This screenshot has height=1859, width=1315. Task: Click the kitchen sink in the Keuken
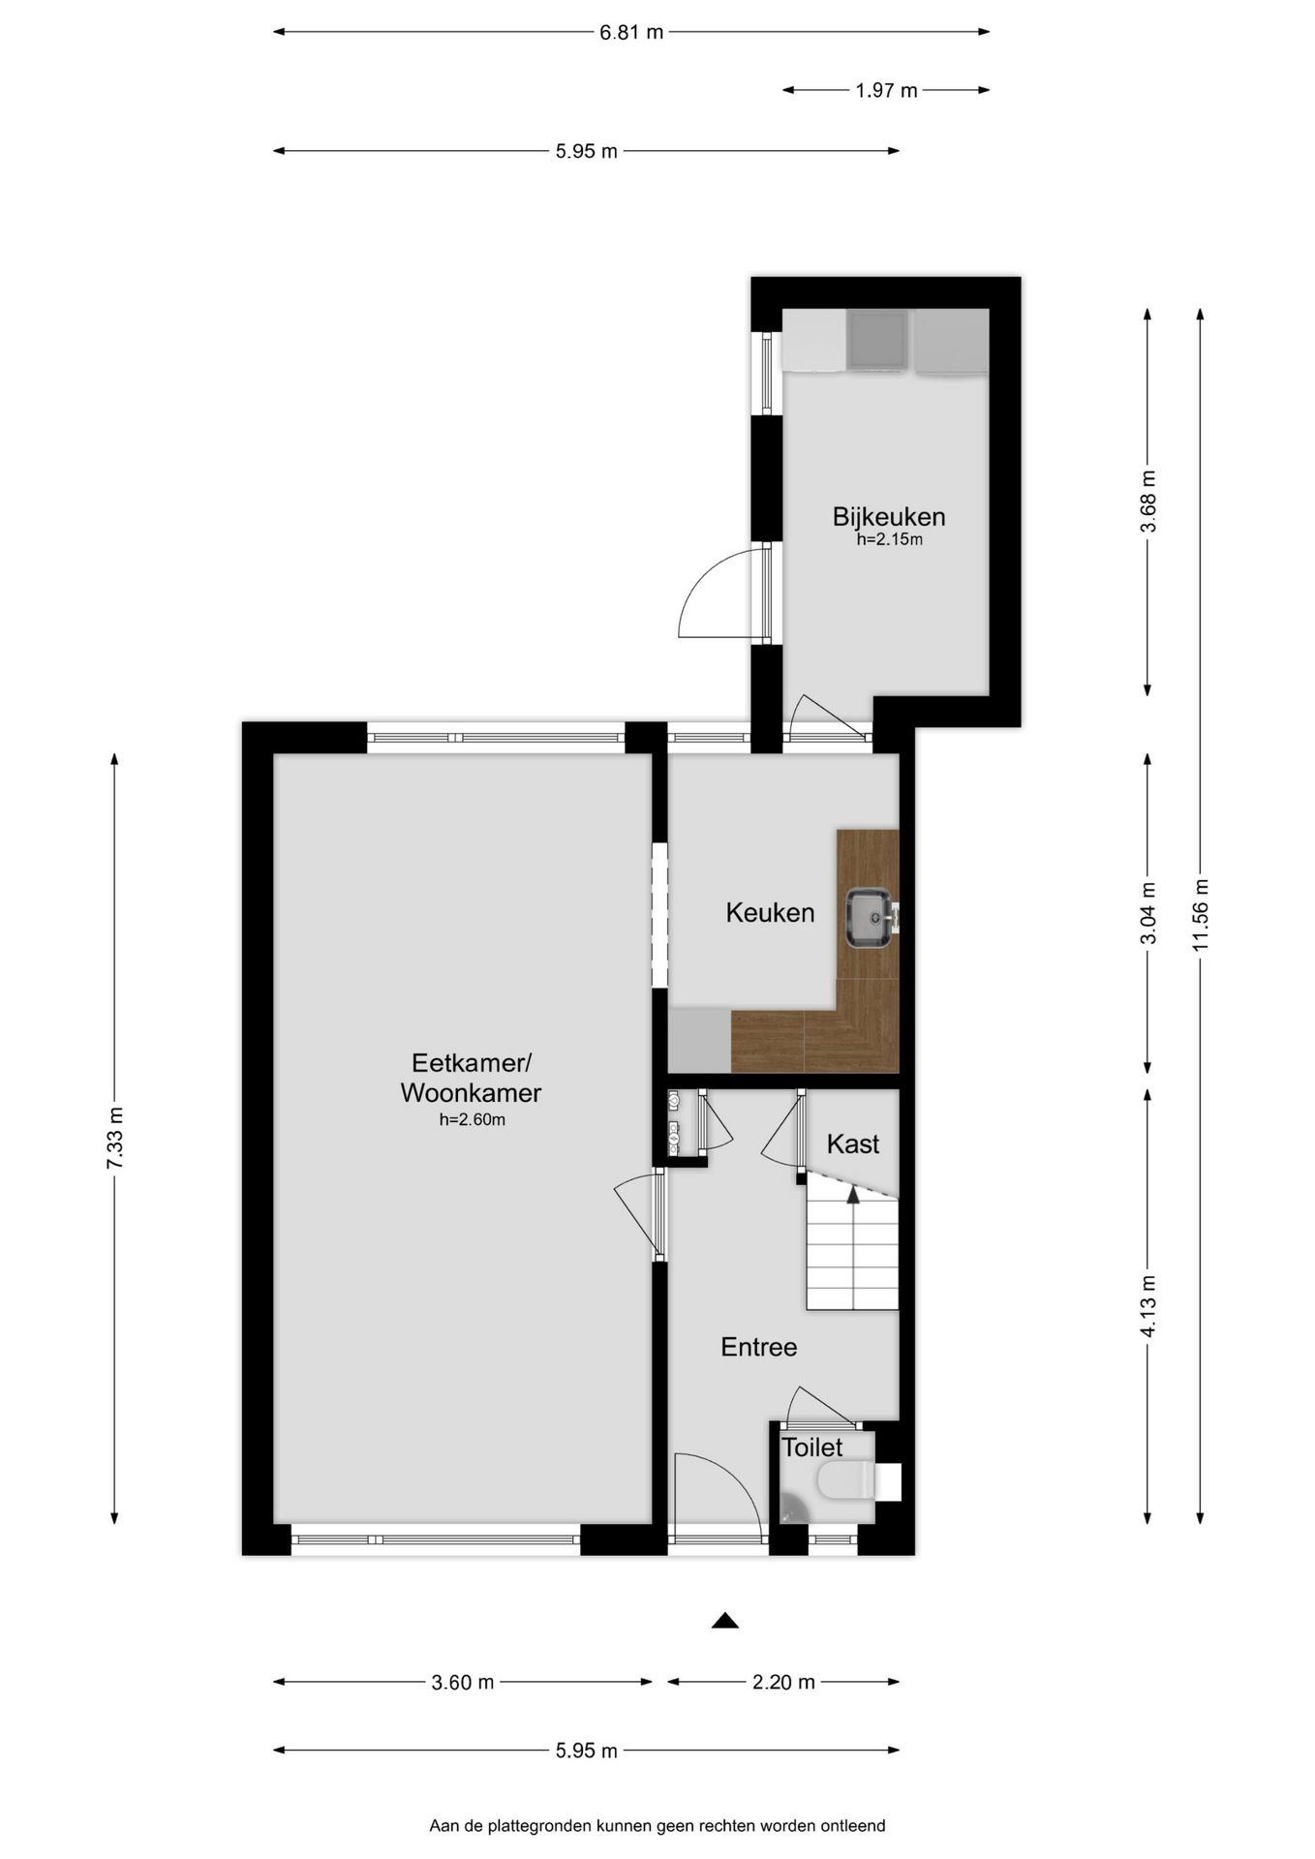pos(869,919)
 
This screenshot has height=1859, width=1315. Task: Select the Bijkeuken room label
pos(888,516)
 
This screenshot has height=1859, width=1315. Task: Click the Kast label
pos(852,1143)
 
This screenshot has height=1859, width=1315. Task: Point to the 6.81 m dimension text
pos(631,32)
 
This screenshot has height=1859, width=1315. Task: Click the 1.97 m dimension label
pos(886,91)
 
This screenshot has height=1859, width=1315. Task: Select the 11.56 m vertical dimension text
pos(1201,915)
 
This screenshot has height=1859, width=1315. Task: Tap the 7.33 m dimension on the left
pos(115,1138)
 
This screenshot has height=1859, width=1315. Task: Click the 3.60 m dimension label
pos(463,1682)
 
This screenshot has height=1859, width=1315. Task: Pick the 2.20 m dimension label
pos(783,1682)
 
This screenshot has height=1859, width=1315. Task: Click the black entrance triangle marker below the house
pos(725,1621)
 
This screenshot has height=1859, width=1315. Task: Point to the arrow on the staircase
pos(853,1197)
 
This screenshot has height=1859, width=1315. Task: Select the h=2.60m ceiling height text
pos(472,1120)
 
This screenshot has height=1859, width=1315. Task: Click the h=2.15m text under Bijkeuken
pos(889,540)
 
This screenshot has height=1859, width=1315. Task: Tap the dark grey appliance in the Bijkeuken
pos(876,340)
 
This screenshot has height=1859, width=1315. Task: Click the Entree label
pos(758,1347)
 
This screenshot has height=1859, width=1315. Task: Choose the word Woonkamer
pos(471,1093)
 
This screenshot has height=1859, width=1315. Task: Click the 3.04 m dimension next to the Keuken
pos(1148,913)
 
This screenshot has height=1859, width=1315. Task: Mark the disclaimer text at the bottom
pos(657,1826)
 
